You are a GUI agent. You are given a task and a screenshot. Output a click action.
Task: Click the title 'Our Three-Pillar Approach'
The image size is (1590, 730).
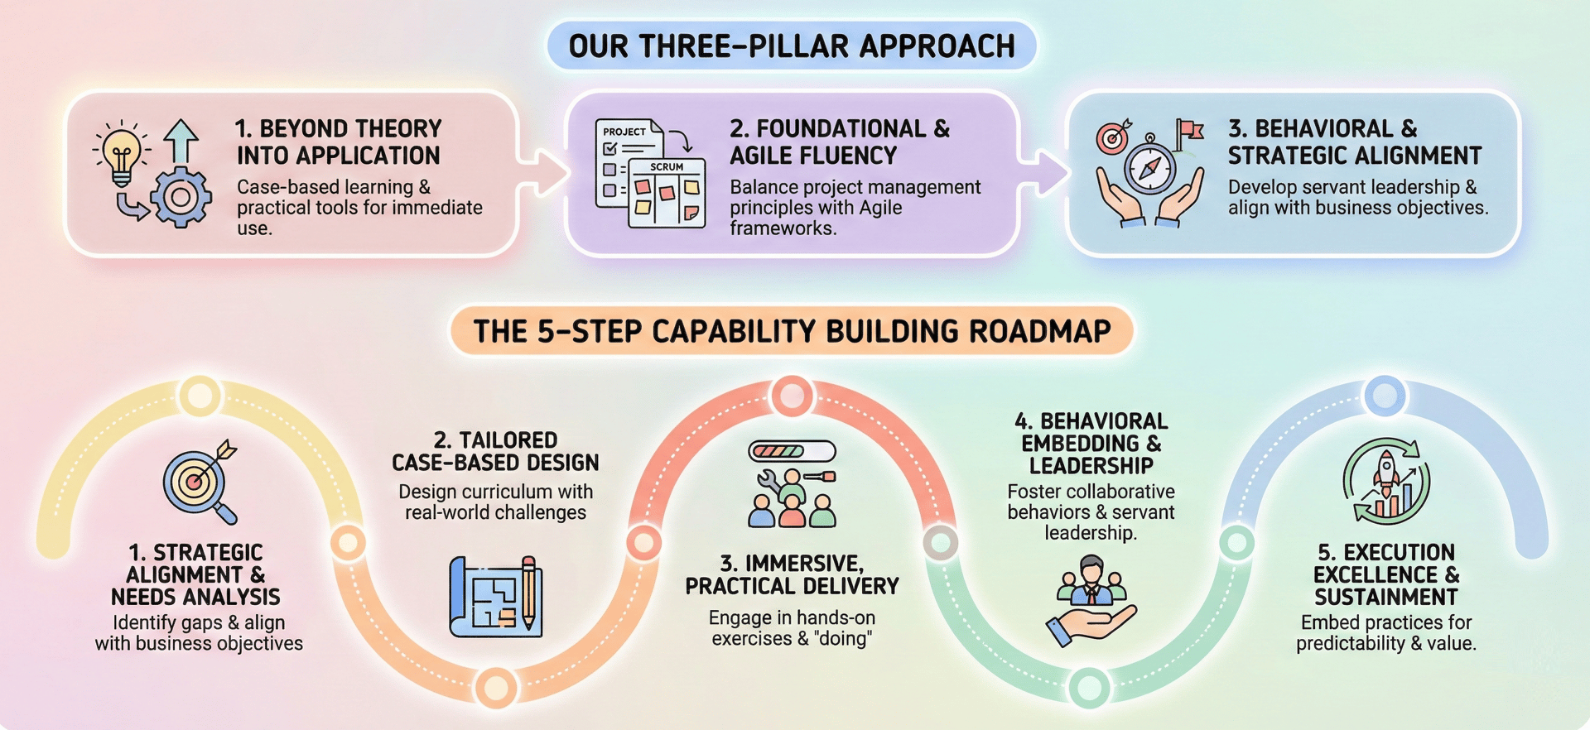click(791, 46)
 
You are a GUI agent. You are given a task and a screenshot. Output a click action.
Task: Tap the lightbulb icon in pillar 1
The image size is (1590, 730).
click(122, 153)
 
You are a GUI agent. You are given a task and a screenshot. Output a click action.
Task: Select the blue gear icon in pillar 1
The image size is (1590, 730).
click(181, 197)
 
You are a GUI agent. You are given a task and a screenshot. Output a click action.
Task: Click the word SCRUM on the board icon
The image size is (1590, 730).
click(667, 167)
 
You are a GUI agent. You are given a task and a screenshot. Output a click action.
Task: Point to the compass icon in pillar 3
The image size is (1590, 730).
click(1149, 166)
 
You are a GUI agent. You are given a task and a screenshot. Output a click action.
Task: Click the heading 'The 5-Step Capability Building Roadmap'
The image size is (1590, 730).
click(791, 331)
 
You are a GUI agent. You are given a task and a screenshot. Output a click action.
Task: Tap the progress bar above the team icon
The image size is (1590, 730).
click(791, 451)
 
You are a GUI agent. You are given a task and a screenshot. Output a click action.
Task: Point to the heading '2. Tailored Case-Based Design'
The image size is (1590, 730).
click(495, 451)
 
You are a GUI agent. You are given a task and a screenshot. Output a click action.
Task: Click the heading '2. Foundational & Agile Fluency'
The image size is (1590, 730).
click(839, 142)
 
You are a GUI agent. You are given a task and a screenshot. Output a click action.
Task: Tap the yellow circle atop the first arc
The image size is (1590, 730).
click(200, 396)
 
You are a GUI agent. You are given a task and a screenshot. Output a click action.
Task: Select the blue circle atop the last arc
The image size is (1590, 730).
click(1385, 396)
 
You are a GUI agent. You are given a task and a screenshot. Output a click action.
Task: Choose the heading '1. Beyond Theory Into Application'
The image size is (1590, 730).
click(338, 142)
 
